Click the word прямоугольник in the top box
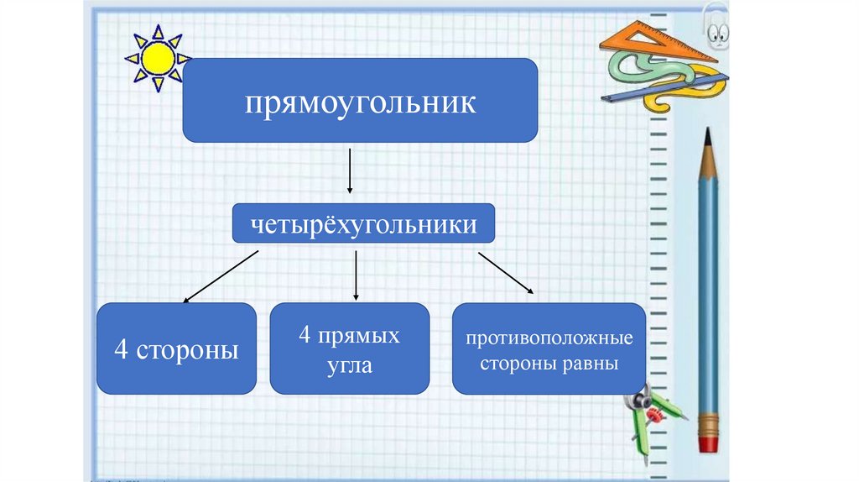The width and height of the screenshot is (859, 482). point(360,103)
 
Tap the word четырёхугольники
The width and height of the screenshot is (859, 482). point(363,225)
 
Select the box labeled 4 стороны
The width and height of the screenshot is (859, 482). point(176,348)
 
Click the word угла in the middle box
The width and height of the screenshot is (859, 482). point(350,367)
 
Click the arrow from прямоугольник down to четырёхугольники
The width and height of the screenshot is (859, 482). point(349,172)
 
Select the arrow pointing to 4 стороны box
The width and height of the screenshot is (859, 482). point(220,275)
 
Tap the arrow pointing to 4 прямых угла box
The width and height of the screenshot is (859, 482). point(357,275)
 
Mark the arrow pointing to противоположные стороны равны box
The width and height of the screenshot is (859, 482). point(506,272)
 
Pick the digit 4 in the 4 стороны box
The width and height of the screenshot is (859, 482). point(121,349)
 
